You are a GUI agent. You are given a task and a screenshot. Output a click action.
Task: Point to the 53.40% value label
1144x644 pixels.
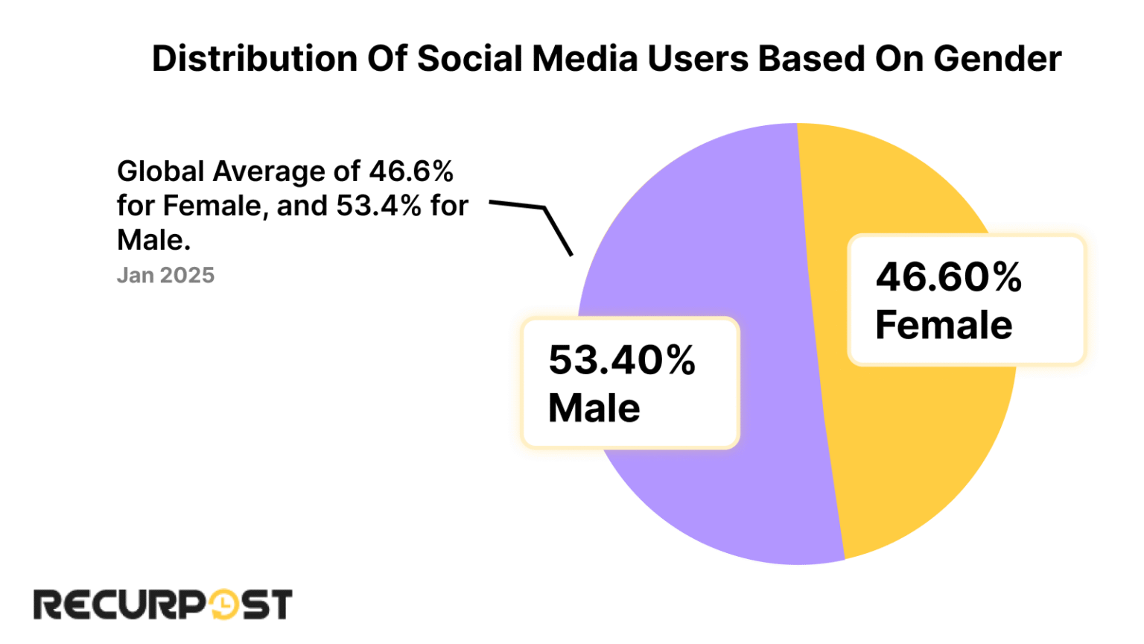622,360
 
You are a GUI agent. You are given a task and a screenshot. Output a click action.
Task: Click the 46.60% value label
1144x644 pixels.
948,277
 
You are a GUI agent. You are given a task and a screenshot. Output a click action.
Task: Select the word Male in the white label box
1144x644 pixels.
594,408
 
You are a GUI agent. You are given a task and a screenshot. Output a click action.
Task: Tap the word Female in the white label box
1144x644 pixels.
943,326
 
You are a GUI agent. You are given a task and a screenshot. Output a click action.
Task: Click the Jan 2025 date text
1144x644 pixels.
165,276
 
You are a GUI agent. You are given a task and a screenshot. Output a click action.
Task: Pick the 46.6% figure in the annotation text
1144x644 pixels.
411,172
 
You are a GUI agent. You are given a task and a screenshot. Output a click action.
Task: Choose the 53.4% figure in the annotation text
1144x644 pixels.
378,206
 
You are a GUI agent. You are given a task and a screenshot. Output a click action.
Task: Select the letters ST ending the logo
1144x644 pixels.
266,604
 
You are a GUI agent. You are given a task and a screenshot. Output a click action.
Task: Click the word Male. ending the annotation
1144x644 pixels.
153,241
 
